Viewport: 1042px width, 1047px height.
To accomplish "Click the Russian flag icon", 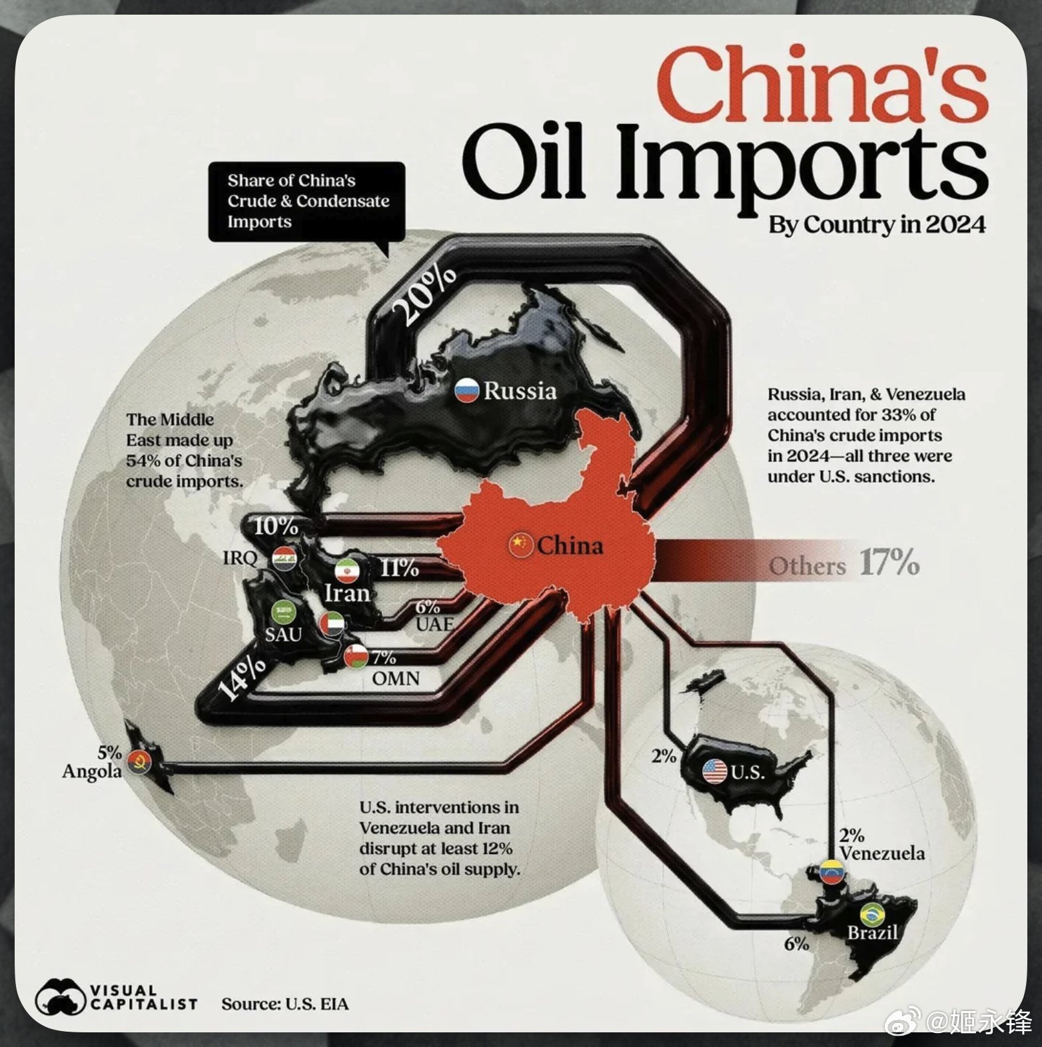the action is pos(467,390).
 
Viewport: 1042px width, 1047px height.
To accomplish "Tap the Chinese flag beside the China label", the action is pos(519,545).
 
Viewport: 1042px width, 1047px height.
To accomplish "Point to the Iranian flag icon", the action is pos(346,572).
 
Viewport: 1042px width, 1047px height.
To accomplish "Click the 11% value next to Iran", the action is pos(399,568).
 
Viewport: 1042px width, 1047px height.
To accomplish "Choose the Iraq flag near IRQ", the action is pos(284,558).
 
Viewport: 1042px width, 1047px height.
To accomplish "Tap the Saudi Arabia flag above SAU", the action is pos(283,611).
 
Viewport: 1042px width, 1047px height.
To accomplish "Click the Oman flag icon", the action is pos(356,656).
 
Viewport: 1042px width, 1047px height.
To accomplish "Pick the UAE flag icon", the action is pos(331,625).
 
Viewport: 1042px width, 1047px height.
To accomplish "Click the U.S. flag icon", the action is pos(715,771).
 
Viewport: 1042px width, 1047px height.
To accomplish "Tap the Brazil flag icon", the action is pos(871,914).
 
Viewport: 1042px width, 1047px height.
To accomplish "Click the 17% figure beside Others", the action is pos(889,563).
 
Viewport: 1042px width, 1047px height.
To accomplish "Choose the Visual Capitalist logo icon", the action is pos(61,998).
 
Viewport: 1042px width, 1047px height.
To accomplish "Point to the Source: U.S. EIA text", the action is pos(285,1004).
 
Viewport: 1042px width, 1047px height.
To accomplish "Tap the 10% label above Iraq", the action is pos(276,526).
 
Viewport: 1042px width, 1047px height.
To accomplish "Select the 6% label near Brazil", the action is pos(796,944).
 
